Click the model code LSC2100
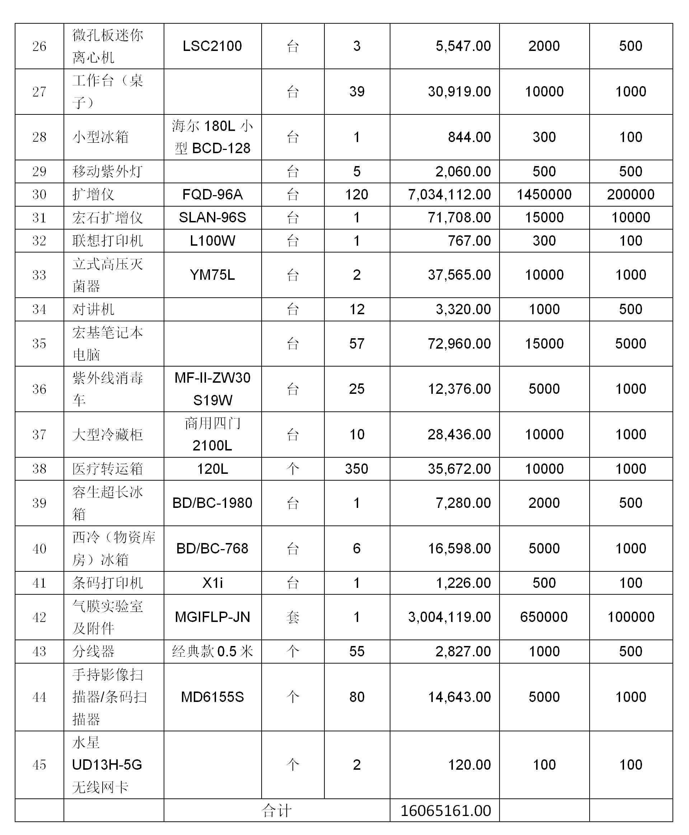[212, 46]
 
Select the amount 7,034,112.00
[449, 194]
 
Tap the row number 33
[39, 275]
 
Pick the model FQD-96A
[212, 194]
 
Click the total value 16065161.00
[446, 810]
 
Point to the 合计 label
[277, 810]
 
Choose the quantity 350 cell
[356, 469]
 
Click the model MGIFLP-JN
[212, 617]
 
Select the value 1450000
[544, 194]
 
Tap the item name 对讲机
[93, 310]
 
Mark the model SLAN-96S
[212, 217]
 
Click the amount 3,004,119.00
[449, 617]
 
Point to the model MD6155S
[212, 697]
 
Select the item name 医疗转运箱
[107, 469]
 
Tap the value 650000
[544, 617]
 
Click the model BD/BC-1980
[212, 503]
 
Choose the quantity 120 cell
[356, 194]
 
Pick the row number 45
[39, 765]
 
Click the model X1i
[212, 583]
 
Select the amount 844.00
[469, 137]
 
